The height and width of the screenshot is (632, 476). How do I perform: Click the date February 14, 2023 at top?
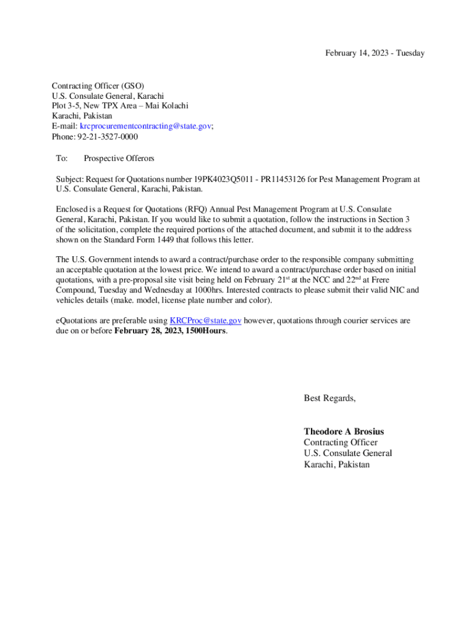pyautogui.click(x=355, y=53)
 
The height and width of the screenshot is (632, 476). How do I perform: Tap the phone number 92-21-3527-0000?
pyautogui.click(x=108, y=136)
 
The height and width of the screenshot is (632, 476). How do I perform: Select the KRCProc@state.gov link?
pyautogui.click(x=205, y=321)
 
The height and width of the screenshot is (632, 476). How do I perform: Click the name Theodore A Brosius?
pyautogui.click(x=344, y=431)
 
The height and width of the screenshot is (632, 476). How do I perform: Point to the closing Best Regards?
pyautogui.click(x=329, y=398)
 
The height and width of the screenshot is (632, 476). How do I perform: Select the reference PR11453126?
pyautogui.click(x=276, y=180)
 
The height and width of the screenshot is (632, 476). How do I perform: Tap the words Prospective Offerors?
pyautogui.click(x=119, y=159)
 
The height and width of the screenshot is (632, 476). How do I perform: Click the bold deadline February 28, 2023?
pyautogui.click(x=152, y=331)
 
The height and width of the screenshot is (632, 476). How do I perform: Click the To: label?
pyautogui.click(x=62, y=159)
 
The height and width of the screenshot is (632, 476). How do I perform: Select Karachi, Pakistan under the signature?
pyautogui.click(x=336, y=464)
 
